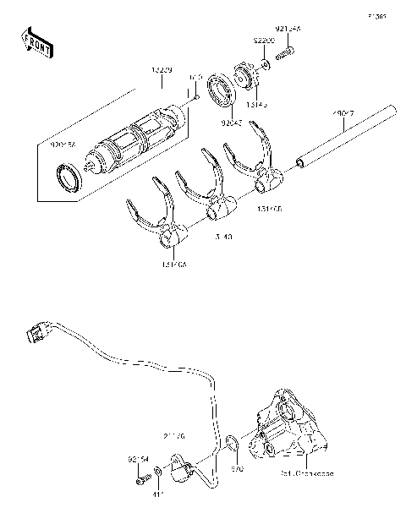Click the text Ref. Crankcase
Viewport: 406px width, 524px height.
tap(306, 474)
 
